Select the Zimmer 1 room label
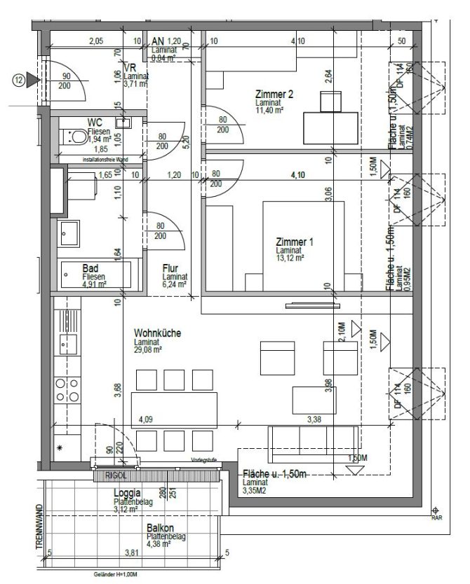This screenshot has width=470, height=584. pos(295,242)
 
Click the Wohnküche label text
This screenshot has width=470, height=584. pos(158,334)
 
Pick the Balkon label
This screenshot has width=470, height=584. pos(161,529)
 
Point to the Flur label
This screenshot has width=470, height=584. pos(169,267)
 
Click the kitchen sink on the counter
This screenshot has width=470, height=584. pos(68,344)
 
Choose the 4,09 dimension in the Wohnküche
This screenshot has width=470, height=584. pos(145,420)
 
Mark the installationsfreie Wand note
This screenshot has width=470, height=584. pos(105,160)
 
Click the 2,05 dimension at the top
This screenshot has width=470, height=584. pos(96,41)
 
